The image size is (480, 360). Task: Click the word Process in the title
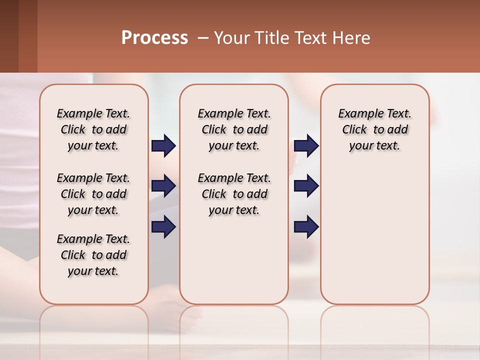154,38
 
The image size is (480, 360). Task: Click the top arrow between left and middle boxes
163,146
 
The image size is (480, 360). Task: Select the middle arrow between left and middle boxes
163,186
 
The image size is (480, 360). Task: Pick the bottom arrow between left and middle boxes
163,227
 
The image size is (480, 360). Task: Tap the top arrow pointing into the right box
306,146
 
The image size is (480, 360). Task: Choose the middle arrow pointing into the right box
306,186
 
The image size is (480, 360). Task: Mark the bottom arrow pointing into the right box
306,227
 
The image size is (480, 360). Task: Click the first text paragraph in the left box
93,129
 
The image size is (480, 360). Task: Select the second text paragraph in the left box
93,194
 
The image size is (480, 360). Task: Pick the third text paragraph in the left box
93,255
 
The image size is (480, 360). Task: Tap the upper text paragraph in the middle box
234,129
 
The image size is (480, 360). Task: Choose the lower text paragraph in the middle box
234,194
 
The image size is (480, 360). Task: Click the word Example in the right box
358,113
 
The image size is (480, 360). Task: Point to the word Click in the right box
354,129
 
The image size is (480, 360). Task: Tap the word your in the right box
360,146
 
